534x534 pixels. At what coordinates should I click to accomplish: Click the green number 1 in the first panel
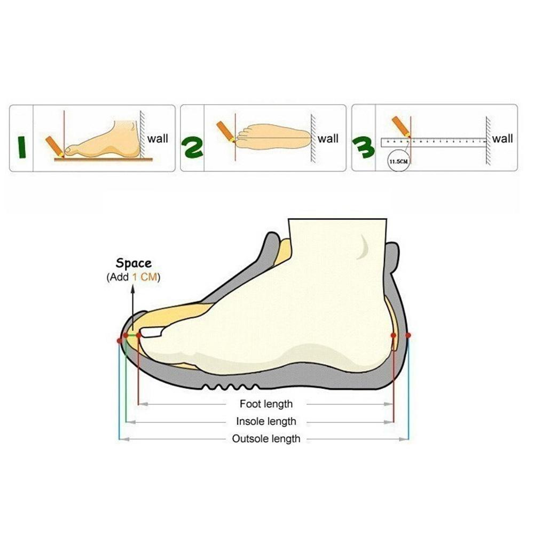coord(21,147)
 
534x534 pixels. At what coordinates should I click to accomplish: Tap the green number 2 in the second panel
coord(192,147)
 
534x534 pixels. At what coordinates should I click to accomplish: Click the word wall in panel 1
coord(158,139)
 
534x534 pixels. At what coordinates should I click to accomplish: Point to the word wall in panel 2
coord(328,139)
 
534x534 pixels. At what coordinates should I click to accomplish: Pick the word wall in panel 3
coord(502,139)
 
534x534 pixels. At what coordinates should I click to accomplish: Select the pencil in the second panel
coord(225,131)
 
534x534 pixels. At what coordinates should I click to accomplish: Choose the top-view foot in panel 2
coord(272,136)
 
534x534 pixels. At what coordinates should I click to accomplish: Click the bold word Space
coord(134,263)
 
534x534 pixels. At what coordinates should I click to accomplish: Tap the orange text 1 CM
coord(145,277)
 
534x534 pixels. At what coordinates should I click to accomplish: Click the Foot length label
coord(266,404)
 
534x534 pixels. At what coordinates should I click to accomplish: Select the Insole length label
coord(266,422)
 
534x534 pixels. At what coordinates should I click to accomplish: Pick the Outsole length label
coord(266,439)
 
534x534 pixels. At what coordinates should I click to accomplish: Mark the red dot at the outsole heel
coord(408,335)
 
